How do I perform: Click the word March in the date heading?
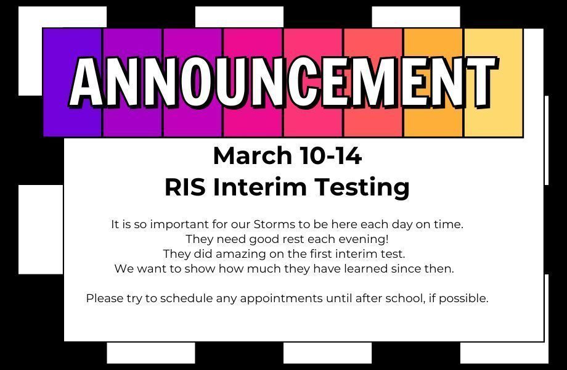pos(253,156)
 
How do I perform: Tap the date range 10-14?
pos(330,156)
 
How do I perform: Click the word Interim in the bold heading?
pos(259,187)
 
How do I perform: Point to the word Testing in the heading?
pos(362,187)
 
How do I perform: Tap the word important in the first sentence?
pos(179,225)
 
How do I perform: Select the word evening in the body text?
pos(362,239)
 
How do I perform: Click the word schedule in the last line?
pos(186,298)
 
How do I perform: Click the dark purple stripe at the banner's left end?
pos(72,83)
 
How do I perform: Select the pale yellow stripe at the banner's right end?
pos(494,83)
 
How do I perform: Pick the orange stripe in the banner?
pos(433,83)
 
